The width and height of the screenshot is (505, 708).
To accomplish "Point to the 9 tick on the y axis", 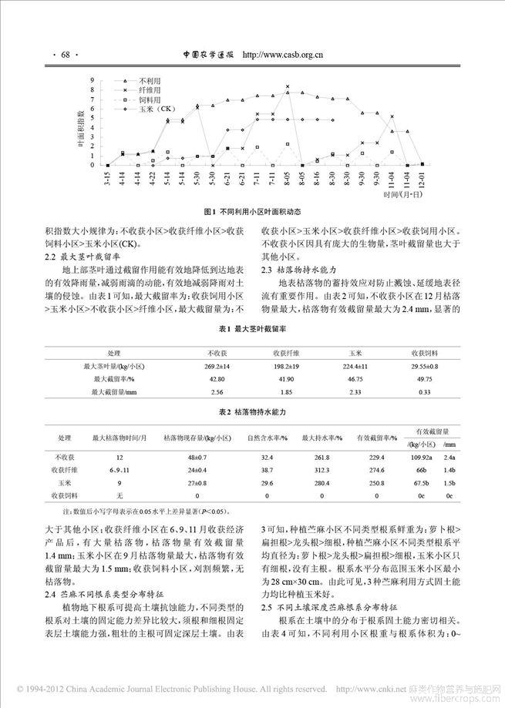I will pyautogui.click(x=93, y=80).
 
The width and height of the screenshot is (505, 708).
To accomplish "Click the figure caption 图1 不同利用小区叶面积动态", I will pyautogui.click(x=252, y=211).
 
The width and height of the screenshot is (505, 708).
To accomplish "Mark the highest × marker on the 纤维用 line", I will pyautogui.click(x=288, y=86).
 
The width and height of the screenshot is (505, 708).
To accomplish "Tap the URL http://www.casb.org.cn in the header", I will pyautogui.click(x=282, y=55).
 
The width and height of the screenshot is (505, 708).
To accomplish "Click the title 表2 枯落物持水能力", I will pyautogui.click(x=252, y=413).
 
